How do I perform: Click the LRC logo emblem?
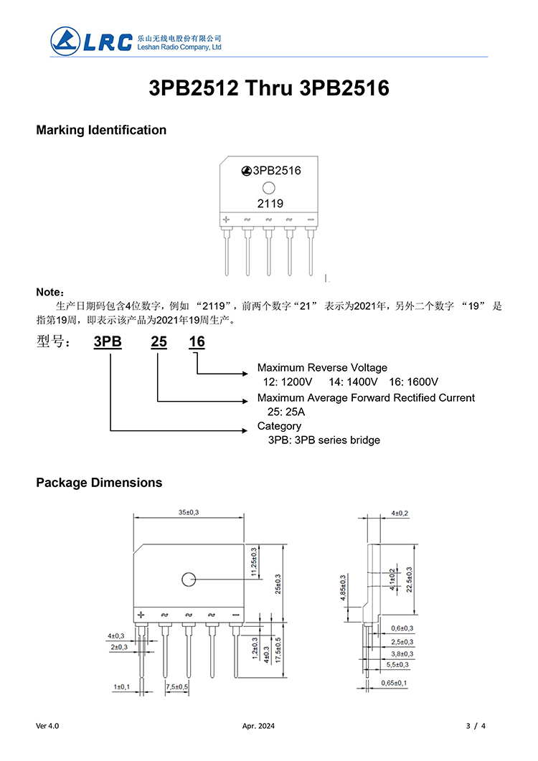tap(65, 40)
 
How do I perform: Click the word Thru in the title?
tap(271, 88)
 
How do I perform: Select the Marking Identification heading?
tap(101, 130)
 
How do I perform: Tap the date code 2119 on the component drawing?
tap(270, 204)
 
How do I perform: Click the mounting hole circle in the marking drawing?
tap(269, 189)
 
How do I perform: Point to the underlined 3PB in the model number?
tap(108, 341)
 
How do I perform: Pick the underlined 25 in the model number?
tap(159, 341)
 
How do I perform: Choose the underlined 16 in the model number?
tap(197, 341)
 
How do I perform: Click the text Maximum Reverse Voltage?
tap(322, 368)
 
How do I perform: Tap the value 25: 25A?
tap(286, 412)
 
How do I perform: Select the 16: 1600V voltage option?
tap(414, 382)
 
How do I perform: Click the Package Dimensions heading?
tap(99, 482)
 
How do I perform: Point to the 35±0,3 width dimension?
tap(189, 512)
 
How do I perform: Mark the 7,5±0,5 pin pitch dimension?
tap(176, 686)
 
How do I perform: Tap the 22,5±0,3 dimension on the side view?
tap(410, 580)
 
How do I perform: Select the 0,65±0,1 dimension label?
tap(394, 683)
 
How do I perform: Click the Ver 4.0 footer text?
tap(47, 726)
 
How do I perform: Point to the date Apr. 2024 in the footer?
tap(259, 726)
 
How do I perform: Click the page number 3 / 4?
tap(476, 726)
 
